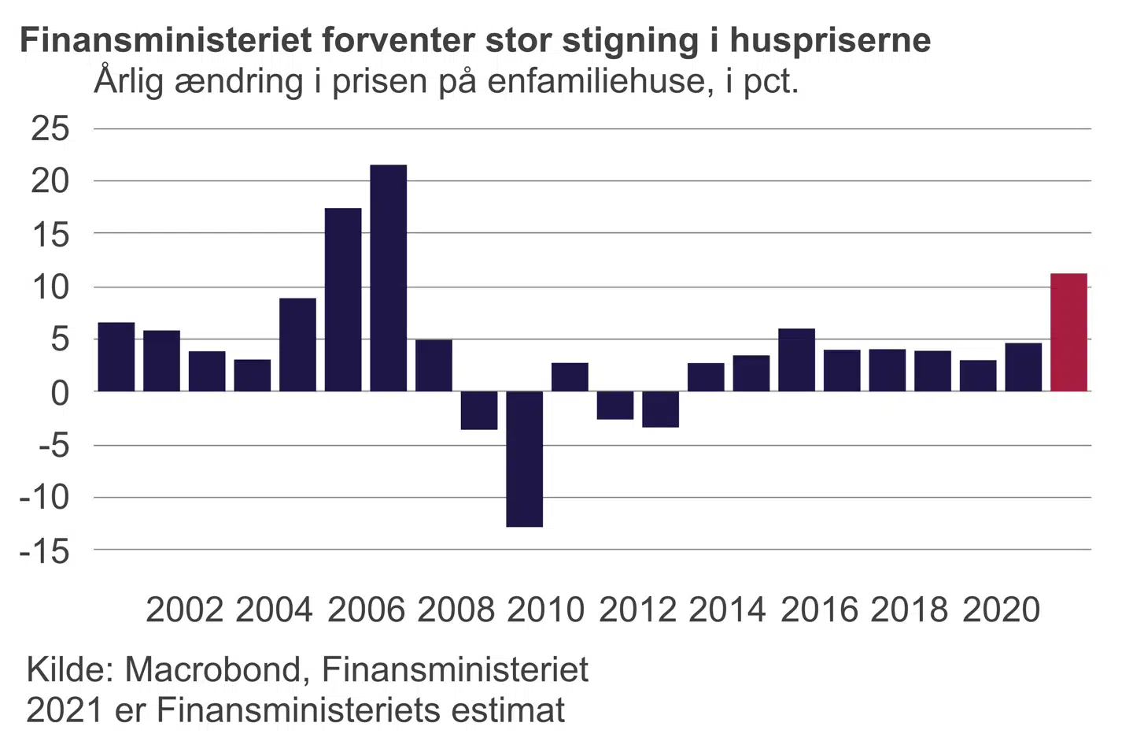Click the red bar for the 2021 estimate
[x=1068, y=332]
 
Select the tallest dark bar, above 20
[x=389, y=278]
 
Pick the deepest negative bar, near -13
[x=524, y=458]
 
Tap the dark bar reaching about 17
[x=343, y=299]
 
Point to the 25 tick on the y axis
[x=50, y=128]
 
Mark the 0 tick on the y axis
[x=60, y=392]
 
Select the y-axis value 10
[x=50, y=287]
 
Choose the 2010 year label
[x=546, y=610]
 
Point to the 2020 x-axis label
[x=1001, y=610]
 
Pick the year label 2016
[x=819, y=610]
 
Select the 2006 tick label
[x=366, y=610]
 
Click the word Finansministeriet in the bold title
[x=165, y=40]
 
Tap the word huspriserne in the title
[x=830, y=40]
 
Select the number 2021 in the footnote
[x=65, y=710]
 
